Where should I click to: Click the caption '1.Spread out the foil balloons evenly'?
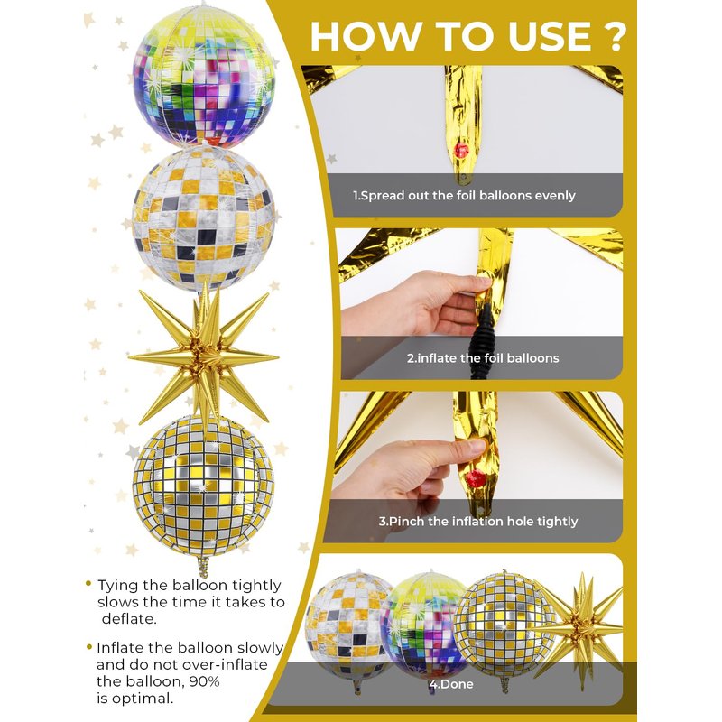[x=464, y=196]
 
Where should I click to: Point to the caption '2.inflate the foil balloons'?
[x=483, y=358]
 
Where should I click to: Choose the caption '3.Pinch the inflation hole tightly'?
[x=478, y=522]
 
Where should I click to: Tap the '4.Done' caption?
[x=450, y=684]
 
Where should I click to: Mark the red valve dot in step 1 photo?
[x=460, y=151]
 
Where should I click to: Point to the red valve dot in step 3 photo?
[x=476, y=479]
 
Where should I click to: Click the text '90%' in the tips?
[x=204, y=681]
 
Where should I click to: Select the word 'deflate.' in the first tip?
[x=129, y=619]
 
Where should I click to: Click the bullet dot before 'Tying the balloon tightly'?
[x=88, y=584]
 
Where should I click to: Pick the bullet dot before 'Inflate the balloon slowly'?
[x=89, y=647]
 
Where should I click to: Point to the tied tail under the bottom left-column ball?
[x=202, y=567]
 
